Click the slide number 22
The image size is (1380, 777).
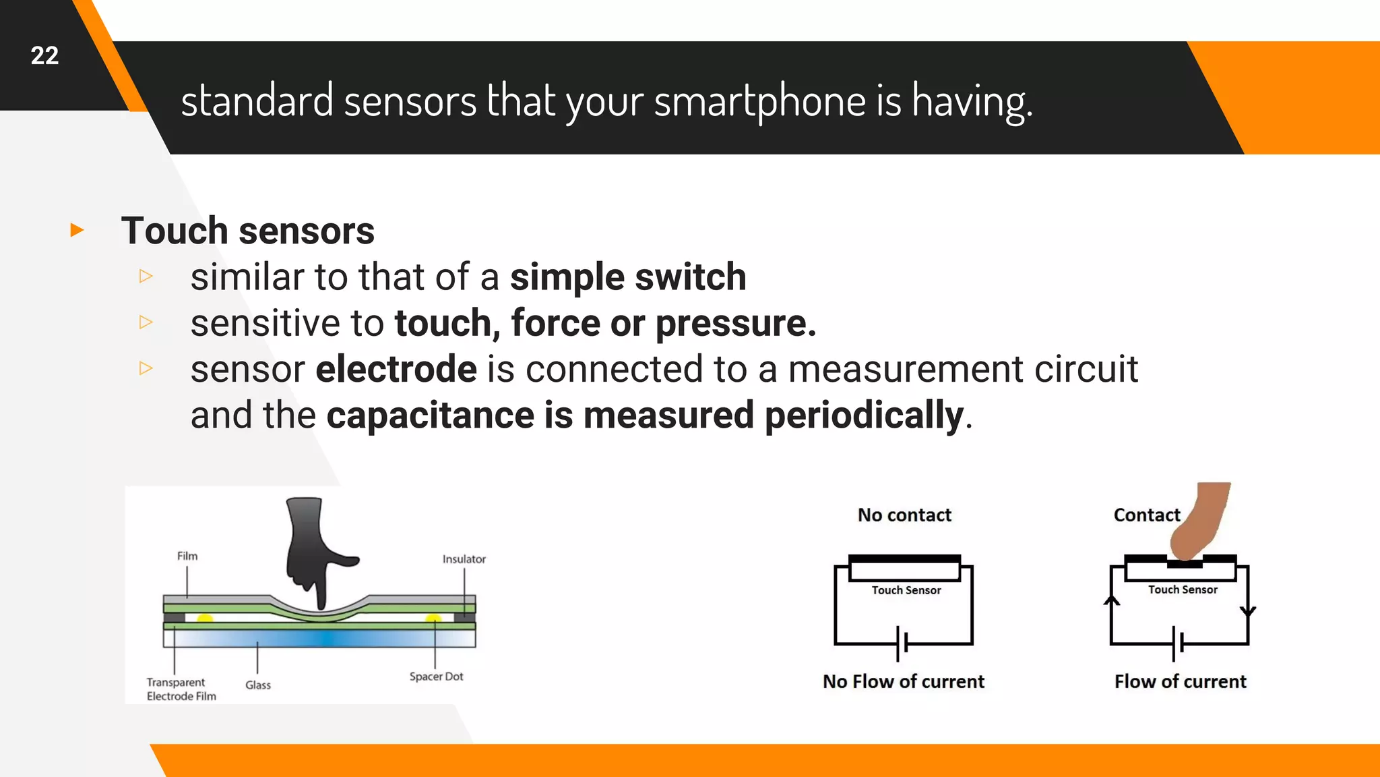(x=44, y=55)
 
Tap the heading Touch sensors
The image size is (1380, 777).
(x=247, y=231)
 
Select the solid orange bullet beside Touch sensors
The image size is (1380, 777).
(x=77, y=231)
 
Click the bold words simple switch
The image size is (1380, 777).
(x=628, y=277)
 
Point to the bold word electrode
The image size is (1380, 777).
(x=396, y=369)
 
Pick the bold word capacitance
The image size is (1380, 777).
(x=430, y=415)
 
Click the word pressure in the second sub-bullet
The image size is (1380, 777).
(x=735, y=323)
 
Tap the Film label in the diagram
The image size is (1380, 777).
(x=187, y=556)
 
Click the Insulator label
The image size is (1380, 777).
(x=464, y=559)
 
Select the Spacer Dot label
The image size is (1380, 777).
(x=436, y=677)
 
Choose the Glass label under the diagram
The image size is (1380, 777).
(x=258, y=685)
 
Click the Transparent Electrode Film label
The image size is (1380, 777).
(x=181, y=689)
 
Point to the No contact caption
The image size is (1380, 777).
(x=904, y=515)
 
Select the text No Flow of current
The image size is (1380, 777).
(x=903, y=682)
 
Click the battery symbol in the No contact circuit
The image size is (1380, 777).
(x=902, y=643)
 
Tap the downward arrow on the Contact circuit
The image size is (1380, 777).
(x=1248, y=611)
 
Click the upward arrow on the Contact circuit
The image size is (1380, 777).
(x=1112, y=600)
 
